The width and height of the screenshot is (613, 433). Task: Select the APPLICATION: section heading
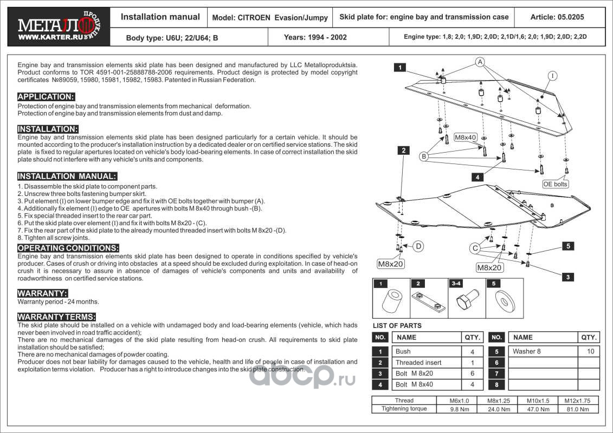(46, 97)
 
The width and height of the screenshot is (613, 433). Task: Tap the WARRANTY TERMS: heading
(57, 317)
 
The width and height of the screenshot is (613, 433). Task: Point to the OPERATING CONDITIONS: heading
(68, 248)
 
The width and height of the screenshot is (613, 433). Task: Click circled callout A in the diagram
(480, 62)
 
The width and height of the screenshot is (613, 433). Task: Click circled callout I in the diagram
(552, 76)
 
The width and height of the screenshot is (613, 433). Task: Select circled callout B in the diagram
(424, 156)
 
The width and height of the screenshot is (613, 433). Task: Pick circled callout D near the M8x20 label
(418, 246)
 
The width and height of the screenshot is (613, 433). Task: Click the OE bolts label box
(556, 184)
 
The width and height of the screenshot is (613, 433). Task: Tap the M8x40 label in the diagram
(465, 137)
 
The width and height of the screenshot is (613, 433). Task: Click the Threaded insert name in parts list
(418, 363)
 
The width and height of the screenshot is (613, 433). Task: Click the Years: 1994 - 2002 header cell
(315, 38)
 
